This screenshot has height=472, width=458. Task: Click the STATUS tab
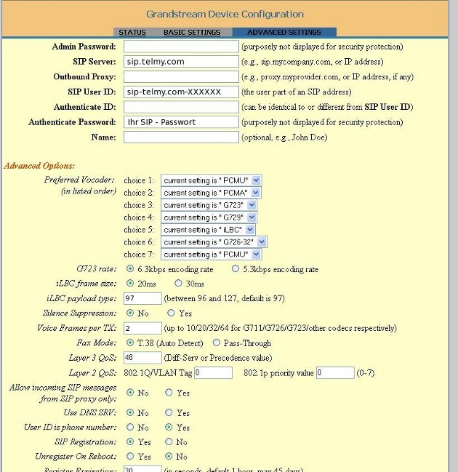pyautogui.click(x=132, y=33)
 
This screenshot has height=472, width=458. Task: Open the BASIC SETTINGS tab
pyautogui.click(x=191, y=33)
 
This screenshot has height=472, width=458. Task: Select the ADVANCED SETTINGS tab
pyautogui.click(x=284, y=33)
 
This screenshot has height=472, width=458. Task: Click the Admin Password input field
pyautogui.click(x=181, y=47)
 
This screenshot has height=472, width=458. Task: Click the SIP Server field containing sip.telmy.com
pyautogui.click(x=181, y=62)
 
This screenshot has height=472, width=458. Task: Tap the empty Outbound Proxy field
pyautogui.click(x=181, y=77)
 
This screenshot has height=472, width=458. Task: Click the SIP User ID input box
pyautogui.click(x=181, y=92)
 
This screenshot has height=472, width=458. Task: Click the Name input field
pyautogui.click(x=181, y=137)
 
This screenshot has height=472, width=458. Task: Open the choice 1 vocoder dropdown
pyautogui.click(x=211, y=180)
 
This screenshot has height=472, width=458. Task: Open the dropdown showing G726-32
pyautogui.click(x=214, y=241)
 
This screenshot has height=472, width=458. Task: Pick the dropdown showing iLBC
pyautogui.click(x=208, y=229)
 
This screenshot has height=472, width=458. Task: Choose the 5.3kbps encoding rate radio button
pyautogui.click(x=236, y=269)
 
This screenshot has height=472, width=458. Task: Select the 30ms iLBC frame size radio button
pyautogui.click(x=179, y=284)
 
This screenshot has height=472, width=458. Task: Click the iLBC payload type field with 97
pyautogui.click(x=142, y=299)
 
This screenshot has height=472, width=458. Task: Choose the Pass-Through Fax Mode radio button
pyautogui.click(x=217, y=343)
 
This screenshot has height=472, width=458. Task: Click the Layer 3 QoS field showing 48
pyautogui.click(x=142, y=358)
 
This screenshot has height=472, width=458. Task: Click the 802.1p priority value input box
pyautogui.click(x=334, y=373)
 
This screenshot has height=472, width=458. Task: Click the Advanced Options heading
pyautogui.click(x=39, y=166)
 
